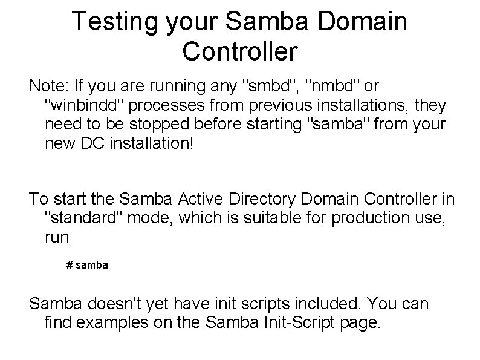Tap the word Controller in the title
tap(240, 51)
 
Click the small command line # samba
tap(87, 266)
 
